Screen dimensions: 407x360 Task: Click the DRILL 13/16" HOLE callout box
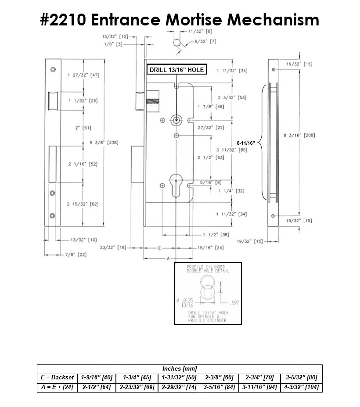tap(176, 70)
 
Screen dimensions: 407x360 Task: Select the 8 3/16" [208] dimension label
tap(299, 136)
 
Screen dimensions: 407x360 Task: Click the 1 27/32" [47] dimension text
tap(83, 75)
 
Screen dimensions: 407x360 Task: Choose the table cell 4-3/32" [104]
tap(301, 388)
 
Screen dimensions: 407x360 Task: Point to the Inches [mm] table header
tap(180, 369)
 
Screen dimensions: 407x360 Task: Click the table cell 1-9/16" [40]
tap(97, 378)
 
